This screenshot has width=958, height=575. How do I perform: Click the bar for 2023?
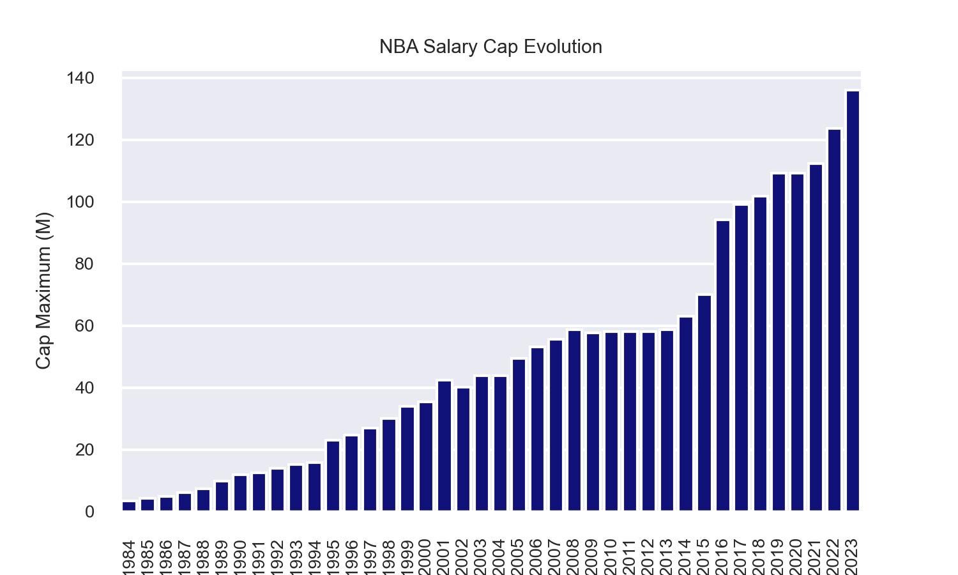853,301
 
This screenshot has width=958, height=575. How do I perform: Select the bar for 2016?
723,365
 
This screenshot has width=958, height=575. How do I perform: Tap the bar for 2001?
445,446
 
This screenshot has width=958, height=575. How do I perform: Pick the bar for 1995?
333,476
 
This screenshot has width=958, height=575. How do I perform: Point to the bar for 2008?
574,420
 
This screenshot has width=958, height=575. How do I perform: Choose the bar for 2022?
834,320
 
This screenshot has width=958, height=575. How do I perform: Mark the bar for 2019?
779,342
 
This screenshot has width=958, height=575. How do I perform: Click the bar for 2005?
519,435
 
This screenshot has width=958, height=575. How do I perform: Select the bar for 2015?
704,403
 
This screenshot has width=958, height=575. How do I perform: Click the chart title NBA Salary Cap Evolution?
490,47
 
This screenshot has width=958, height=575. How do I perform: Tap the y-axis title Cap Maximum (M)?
43,291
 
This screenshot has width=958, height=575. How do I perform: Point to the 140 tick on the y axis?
80,79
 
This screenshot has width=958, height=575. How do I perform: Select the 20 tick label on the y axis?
84,450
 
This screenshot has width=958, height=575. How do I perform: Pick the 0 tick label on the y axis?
89,512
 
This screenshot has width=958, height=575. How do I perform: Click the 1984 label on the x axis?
129,557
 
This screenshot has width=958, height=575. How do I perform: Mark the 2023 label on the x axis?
853,557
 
